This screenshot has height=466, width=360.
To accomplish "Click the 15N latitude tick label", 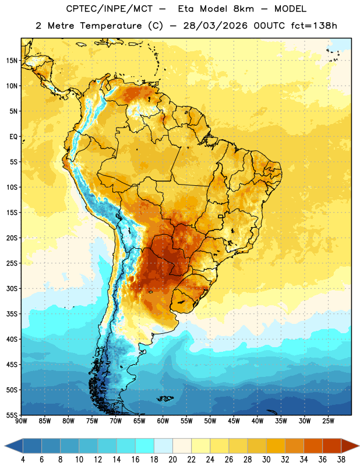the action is tap(12, 61).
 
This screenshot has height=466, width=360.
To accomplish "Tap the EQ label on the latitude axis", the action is tap(13, 137).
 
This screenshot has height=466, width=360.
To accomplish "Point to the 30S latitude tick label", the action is tap(12, 288).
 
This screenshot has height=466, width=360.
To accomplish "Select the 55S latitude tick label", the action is tap(12, 415).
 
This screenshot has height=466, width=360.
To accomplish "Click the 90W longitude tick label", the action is tap(21, 421).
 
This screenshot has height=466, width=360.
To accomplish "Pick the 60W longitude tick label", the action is tap(163, 421).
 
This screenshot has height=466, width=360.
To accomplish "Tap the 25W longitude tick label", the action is tap(328, 421).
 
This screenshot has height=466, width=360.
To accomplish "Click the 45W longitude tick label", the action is tap(234, 421).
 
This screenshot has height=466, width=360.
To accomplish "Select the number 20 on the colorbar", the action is tap(172, 460).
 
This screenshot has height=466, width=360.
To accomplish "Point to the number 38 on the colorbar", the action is tap(341, 460).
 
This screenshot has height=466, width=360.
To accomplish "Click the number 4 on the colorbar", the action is tap(23, 460).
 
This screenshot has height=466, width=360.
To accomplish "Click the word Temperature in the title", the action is tap(111, 26).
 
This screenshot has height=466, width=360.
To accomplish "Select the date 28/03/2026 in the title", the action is tap(215, 26).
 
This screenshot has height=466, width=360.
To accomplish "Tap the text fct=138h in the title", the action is tap(314, 26).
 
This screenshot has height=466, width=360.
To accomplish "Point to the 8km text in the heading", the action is tap(243, 9).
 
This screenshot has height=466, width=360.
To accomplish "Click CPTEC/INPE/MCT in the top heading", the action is tap(109, 9).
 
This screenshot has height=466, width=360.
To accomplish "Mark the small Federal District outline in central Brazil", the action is tap(221, 216).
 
